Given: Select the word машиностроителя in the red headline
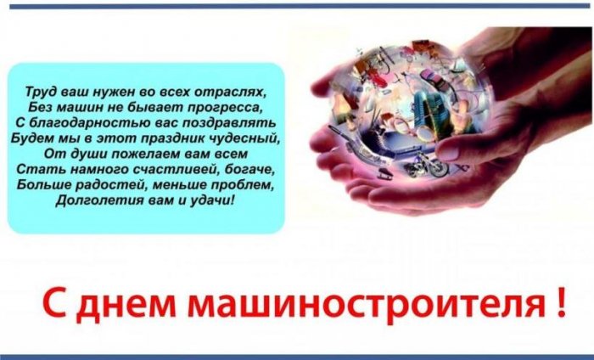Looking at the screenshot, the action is click(x=366, y=306).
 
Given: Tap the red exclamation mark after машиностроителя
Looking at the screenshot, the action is click(x=562, y=302).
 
